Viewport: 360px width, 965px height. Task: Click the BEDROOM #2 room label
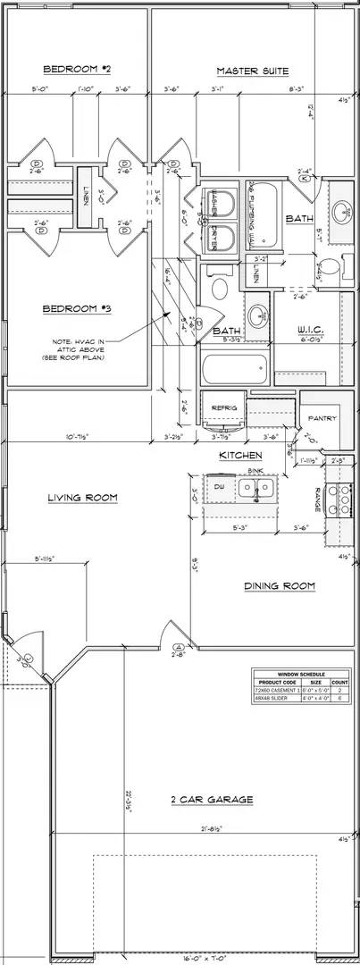(76, 69)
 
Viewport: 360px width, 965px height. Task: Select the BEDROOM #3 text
(76, 309)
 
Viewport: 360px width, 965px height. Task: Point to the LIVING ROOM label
(83, 498)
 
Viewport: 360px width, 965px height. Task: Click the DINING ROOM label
(280, 586)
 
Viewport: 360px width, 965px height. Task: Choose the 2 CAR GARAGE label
(211, 800)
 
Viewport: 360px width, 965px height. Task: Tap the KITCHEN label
(240, 456)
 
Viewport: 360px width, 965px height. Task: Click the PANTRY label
(322, 418)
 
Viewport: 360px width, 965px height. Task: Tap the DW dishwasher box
(219, 486)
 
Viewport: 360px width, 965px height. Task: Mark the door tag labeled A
(178, 647)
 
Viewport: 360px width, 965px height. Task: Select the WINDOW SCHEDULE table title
(301, 674)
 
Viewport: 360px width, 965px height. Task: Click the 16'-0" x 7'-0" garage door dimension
(205, 958)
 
